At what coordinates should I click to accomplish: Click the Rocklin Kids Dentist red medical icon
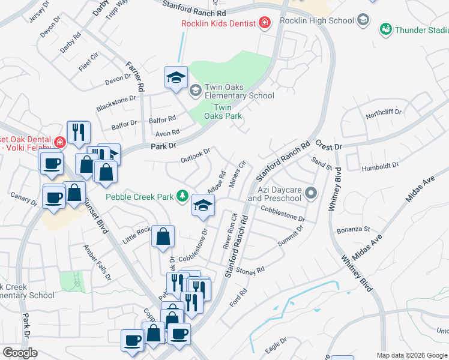[x=264, y=23]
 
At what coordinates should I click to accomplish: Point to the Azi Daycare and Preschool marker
[x=310, y=193]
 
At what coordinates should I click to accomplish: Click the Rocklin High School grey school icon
[x=363, y=20]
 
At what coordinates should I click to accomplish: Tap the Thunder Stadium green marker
[x=385, y=29]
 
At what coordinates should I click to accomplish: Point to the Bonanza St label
[x=354, y=229]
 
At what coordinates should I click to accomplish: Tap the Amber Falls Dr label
[x=98, y=263]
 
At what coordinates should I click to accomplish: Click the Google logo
[x=20, y=353]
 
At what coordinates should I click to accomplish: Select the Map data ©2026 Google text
[x=412, y=355]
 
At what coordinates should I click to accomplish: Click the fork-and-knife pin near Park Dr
[x=79, y=133]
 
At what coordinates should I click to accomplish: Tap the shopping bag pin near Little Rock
[x=163, y=236]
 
